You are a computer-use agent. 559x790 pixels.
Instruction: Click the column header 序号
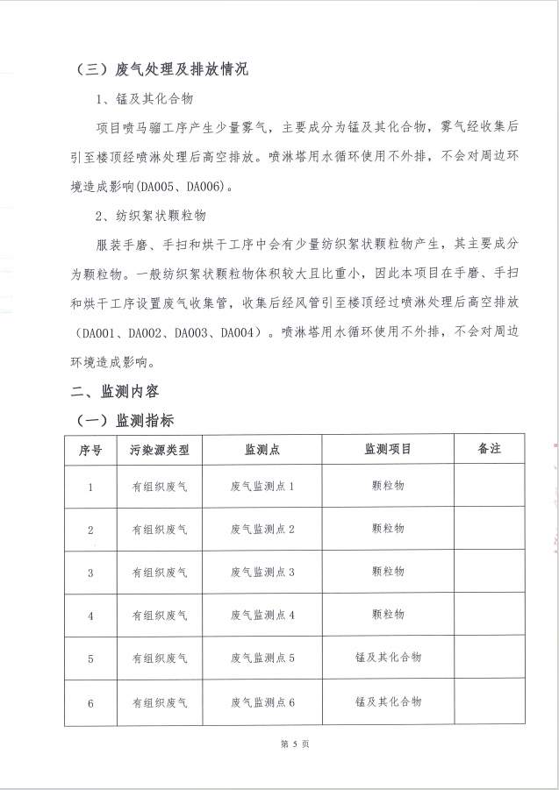click(x=90, y=449)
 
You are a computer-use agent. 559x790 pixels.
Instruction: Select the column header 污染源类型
click(x=160, y=449)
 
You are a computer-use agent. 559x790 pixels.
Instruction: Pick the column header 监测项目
click(x=388, y=449)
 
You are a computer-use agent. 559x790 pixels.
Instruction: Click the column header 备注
click(x=489, y=448)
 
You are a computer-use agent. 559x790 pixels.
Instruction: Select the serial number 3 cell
click(x=90, y=572)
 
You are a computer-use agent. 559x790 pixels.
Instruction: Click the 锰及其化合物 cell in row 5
click(x=388, y=658)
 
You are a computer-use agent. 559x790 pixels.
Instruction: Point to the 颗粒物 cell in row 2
click(x=388, y=529)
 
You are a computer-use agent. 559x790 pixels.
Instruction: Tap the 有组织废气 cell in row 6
click(x=160, y=702)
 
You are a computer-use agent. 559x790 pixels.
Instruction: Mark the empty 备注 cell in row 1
click(x=489, y=486)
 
